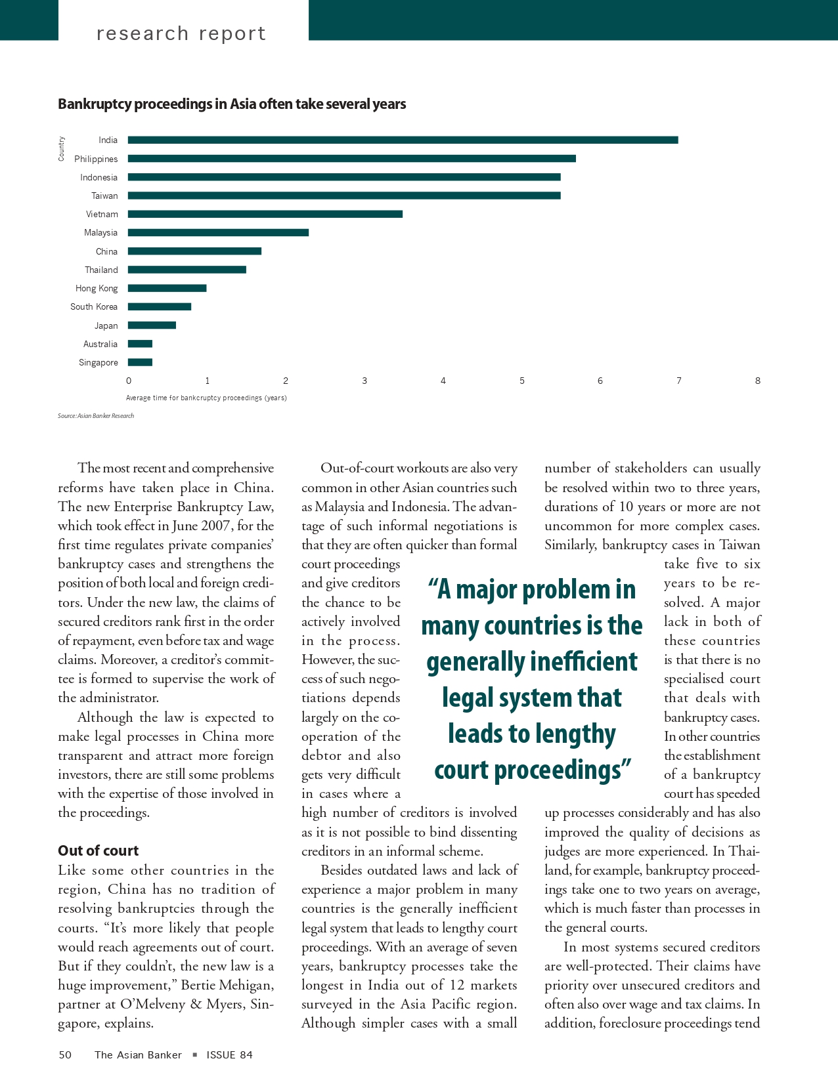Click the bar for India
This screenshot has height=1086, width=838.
click(x=403, y=140)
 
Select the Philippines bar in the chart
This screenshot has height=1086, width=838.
click(x=351, y=159)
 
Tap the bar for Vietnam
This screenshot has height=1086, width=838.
click(x=265, y=214)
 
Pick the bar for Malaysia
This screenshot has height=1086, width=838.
click(x=218, y=232)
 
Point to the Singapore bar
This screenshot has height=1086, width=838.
click(x=140, y=362)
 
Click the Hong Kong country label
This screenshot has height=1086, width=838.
click(x=97, y=288)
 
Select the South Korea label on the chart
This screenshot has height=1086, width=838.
click(x=94, y=306)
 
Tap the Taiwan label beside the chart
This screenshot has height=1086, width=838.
click(x=104, y=196)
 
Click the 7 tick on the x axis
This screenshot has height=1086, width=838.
click(x=679, y=381)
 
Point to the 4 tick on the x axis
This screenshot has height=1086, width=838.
click(x=443, y=381)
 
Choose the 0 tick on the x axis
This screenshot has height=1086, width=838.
click(x=129, y=381)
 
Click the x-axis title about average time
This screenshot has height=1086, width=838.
click(x=206, y=398)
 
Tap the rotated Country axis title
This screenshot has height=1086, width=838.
click(x=61, y=148)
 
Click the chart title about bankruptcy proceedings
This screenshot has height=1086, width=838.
click(x=232, y=104)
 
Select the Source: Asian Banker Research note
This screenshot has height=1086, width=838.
click(x=96, y=416)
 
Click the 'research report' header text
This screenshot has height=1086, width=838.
click(x=181, y=33)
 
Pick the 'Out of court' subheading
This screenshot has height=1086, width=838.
click(x=98, y=850)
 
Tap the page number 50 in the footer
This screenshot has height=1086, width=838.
click(x=65, y=1055)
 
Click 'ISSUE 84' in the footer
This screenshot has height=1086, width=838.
click(x=229, y=1055)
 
